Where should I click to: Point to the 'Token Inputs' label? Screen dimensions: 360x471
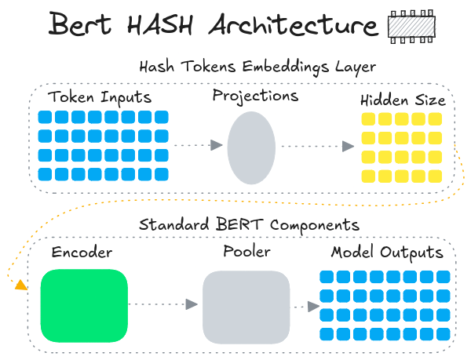[100, 98]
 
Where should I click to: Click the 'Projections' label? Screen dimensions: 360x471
[255, 96]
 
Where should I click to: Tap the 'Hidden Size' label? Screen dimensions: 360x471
[403, 100]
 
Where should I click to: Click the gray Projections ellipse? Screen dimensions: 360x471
[252, 146]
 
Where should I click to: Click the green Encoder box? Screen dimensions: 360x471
[84, 306]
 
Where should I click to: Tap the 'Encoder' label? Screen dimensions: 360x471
[82, 253]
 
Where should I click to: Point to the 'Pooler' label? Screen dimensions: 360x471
[246, 253]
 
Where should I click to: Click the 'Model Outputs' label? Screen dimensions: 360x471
[387, 253]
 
